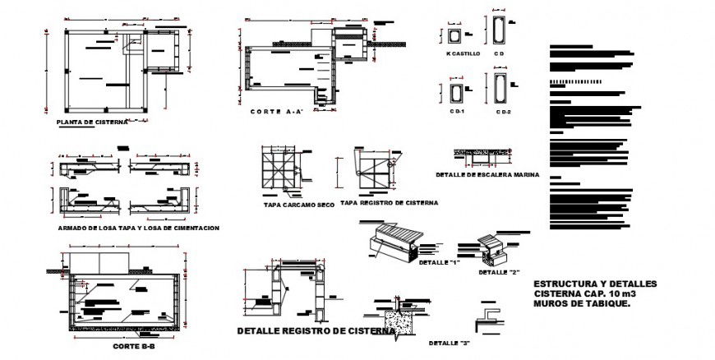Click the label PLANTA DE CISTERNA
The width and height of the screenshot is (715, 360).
(x=92, y=122)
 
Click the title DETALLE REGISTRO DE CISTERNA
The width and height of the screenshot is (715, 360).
(x=315, y=331)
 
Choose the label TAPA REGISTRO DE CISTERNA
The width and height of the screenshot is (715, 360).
(x=389, y=202)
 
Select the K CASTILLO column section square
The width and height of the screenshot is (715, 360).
(x=455, y=37)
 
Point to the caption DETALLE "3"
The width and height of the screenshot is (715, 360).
(x=450, y=343)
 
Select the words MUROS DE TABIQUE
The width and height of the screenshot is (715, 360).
(x=582, y=303)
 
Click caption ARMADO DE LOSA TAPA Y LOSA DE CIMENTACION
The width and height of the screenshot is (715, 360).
(x=139, y=227)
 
